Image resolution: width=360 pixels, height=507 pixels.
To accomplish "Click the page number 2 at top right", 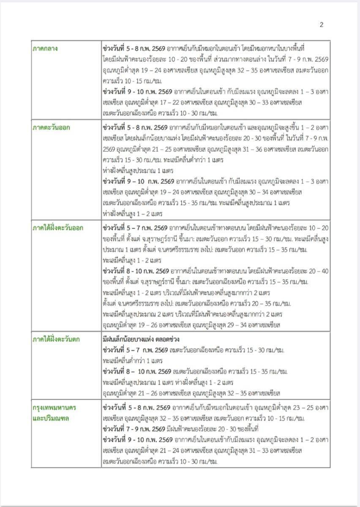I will (x=322, y=25).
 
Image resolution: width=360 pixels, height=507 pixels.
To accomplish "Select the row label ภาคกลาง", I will (x=45, y=49).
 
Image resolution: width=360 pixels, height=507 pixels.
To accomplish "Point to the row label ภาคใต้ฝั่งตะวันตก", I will (x=57, y=339).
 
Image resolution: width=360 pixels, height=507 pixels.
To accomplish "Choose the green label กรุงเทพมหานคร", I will (x=55, y=408).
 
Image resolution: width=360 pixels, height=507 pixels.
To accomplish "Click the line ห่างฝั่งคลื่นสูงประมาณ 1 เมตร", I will (x=138, y=170).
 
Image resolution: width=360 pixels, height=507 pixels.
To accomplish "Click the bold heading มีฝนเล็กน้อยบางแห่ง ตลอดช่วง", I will (x=145, y=339).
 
